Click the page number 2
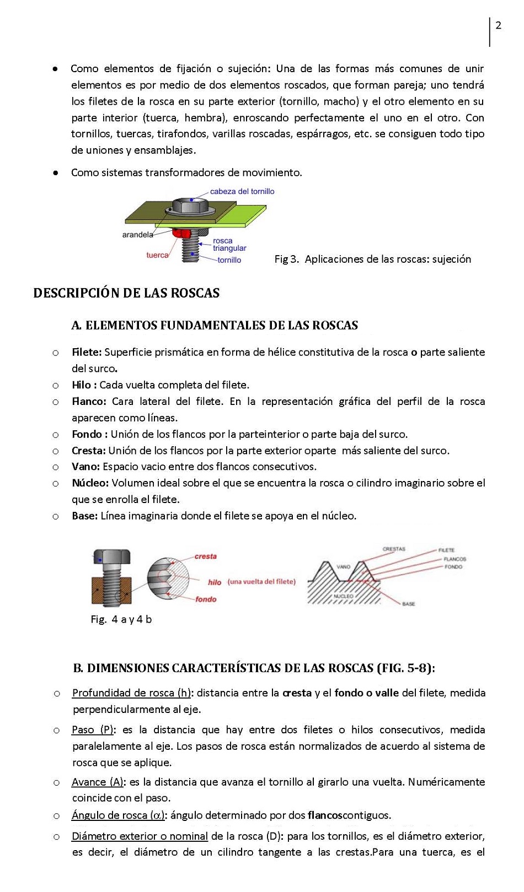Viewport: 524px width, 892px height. point(499,26)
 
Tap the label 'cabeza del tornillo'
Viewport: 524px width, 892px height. point(242,192)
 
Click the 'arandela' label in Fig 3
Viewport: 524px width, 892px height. point(137,235)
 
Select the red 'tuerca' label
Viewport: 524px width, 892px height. point(157,255)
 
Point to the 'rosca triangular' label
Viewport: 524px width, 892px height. point(229,245)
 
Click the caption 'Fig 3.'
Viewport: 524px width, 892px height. point(286,260)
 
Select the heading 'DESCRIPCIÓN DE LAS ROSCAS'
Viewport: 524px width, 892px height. point(126,293)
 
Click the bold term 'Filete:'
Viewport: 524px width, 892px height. point(87,353)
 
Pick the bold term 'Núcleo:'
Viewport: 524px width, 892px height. point(90,483)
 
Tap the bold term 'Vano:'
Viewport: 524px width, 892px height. point(85,467)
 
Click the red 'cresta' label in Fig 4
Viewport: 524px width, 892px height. point(205,556)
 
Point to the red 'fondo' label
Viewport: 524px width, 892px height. point(206,599)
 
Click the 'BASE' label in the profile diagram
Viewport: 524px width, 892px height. point(408,604)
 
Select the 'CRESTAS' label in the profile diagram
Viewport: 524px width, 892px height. point(393,549)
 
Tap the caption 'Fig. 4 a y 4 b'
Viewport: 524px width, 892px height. point(121,620)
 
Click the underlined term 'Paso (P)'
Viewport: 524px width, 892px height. point(93,730)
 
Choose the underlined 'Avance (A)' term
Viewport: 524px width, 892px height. point(98,782)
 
